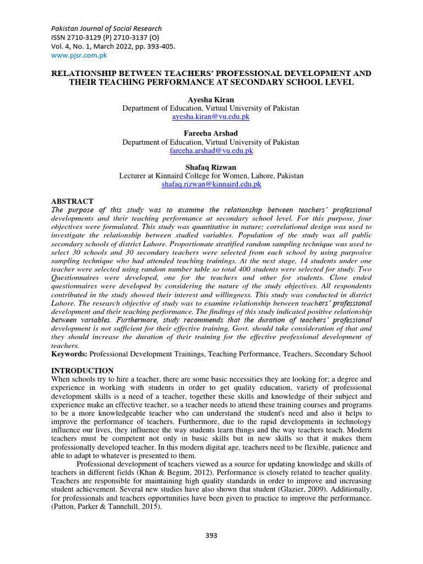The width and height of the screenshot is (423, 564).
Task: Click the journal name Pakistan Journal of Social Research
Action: tap(107, 28)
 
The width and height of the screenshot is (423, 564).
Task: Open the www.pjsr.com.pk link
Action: tap(79, 56)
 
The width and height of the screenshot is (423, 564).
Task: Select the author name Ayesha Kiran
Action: tap(211, 100)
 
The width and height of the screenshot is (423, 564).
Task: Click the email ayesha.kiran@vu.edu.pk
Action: tap(211, 117)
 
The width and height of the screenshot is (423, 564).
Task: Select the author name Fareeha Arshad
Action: tap(211, 133)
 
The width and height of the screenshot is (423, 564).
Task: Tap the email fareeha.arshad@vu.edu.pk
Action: tap(211, 151)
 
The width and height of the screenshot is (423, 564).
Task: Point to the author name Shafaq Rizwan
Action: tap(211, 167)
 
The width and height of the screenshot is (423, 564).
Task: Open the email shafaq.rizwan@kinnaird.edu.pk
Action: tap(211, 185)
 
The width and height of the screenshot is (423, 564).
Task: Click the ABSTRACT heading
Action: tap(72, 202)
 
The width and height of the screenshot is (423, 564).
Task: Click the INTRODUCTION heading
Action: tap(82, 371)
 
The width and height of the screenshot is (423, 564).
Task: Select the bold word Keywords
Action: tap(69, 354)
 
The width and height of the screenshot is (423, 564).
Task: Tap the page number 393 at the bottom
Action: tap(211, 535)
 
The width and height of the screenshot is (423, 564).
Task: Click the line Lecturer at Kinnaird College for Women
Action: tap(211, 176)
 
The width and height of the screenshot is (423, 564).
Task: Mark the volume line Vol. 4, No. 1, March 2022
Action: tap(113, 47)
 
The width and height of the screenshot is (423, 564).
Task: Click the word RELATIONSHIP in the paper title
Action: tap(90, 73)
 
